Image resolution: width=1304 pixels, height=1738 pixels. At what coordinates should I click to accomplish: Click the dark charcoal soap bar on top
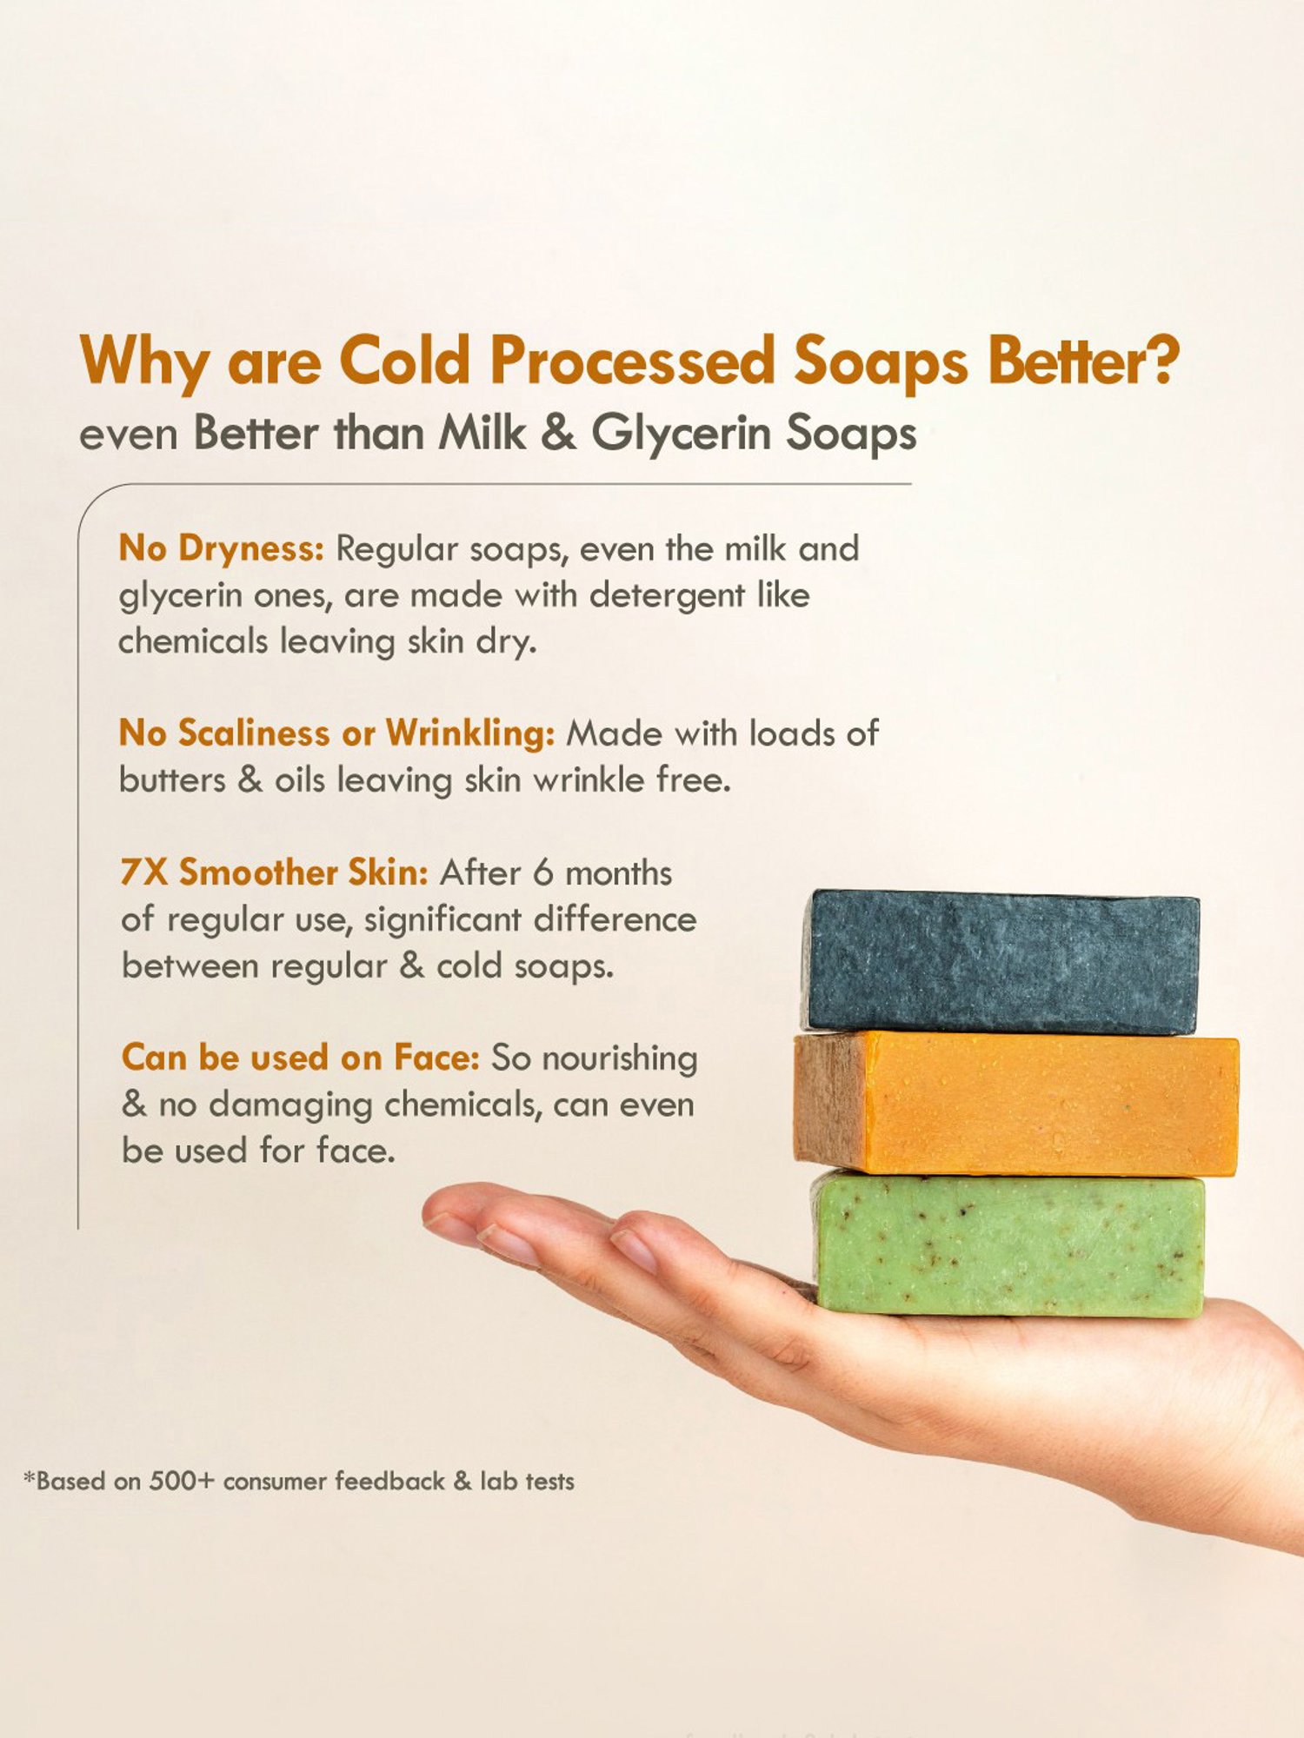tap(1000, 962)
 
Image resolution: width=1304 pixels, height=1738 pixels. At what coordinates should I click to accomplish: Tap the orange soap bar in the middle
tap(1015, 1104)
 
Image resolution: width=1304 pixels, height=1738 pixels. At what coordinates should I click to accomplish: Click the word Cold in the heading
tap(404, 360)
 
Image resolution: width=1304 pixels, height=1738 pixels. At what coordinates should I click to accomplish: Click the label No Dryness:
tap(222, 548)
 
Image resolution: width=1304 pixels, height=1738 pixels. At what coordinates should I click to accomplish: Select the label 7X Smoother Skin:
tap(275, 872)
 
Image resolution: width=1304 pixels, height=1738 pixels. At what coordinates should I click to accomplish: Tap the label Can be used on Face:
tap(301, 1058)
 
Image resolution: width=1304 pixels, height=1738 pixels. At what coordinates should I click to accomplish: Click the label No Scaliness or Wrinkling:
tap(336, 733)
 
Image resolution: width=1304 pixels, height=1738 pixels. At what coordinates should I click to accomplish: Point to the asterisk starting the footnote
tap(30, 1476)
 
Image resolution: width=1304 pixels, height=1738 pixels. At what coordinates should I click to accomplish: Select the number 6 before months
tap(543, 872)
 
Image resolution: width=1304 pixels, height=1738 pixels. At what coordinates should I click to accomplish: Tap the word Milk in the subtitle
tap(482, 433)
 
